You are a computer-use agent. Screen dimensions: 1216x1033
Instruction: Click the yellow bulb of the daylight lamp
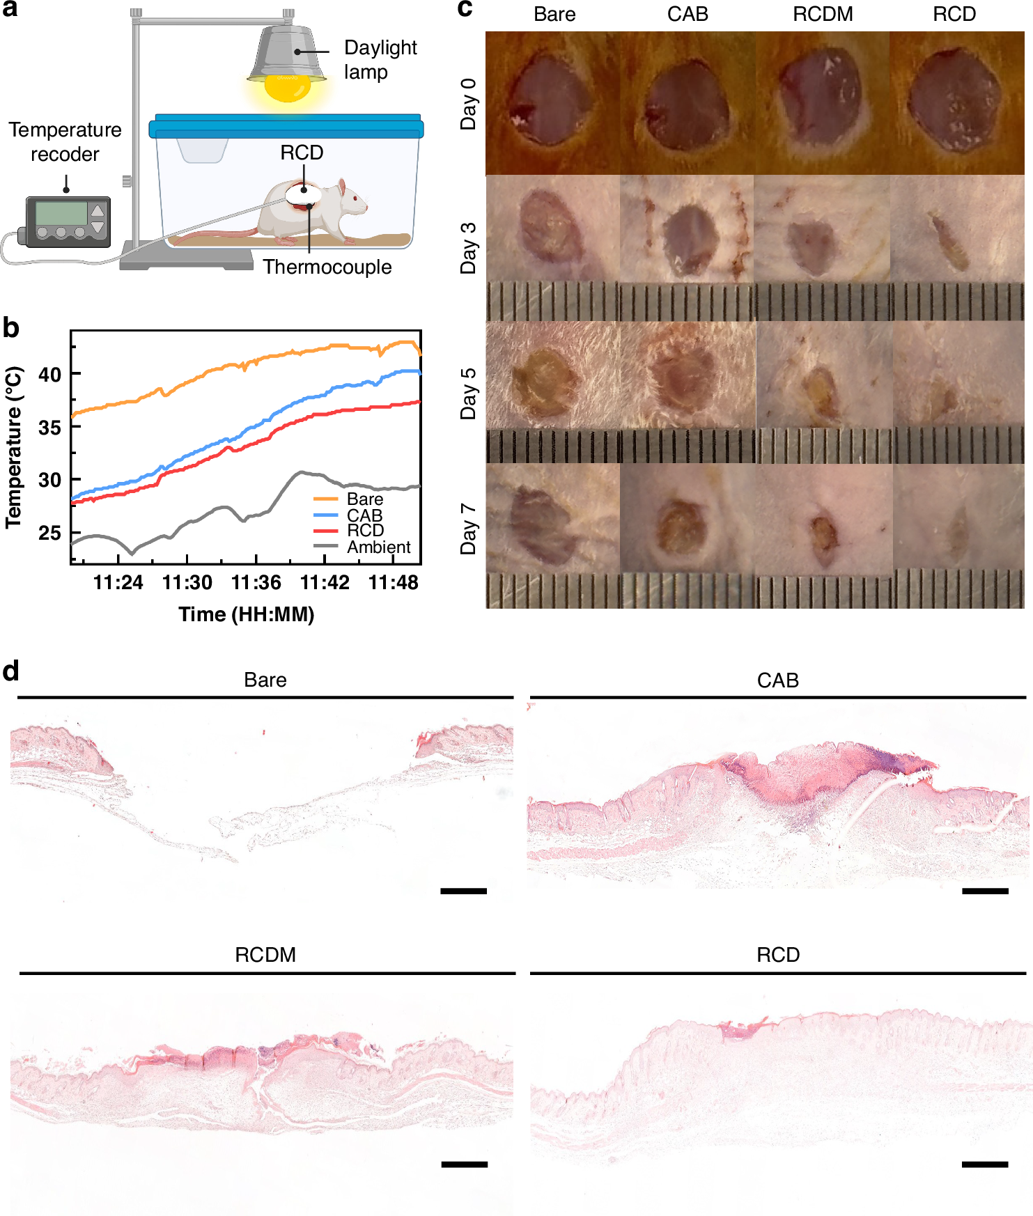coord(288,88)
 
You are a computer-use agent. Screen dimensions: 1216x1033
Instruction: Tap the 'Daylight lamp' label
coord(380,60)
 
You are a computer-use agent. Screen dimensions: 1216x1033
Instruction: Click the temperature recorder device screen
coord(61,213)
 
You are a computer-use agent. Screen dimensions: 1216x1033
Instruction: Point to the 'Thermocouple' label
coord(327,267)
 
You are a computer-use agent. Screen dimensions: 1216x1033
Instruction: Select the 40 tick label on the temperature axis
coord(49,375)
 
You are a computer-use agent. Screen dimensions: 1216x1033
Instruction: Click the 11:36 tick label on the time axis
coord(256,582)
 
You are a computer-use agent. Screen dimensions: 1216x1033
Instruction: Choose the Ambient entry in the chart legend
coord(378,547)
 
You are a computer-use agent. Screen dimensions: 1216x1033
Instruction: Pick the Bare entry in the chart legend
coord(364,499)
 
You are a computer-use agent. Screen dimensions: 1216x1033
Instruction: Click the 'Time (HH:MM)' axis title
coord(246,614)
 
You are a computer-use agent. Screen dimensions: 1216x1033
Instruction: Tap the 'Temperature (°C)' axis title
coord(13,448)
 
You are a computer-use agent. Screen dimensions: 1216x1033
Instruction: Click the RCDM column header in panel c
coord(822,14)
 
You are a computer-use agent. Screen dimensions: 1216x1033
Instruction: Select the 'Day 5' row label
coord(468,393)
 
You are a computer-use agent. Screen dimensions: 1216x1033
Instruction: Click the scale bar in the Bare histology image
coord(463,891)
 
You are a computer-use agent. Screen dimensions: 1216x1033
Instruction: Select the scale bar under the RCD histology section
coord(984,1164)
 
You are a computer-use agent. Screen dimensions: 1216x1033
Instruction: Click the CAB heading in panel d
coord(777,680)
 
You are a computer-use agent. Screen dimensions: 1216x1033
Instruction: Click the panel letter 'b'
coord(10,327)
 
